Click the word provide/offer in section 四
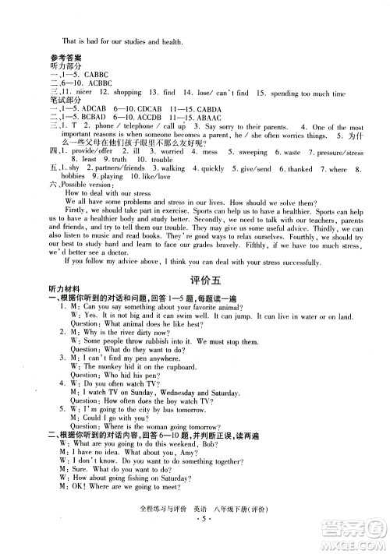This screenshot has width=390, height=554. tap(91, 152)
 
